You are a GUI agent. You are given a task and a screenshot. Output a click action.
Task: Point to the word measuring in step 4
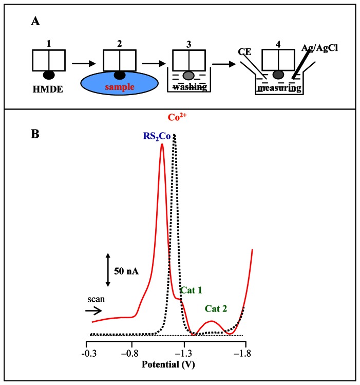(278, 89)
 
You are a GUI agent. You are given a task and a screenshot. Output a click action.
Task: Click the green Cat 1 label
(191, 290)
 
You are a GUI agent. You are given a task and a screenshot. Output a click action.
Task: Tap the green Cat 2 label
(216, 309)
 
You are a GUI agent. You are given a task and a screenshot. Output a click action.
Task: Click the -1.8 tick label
(244, 353)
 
